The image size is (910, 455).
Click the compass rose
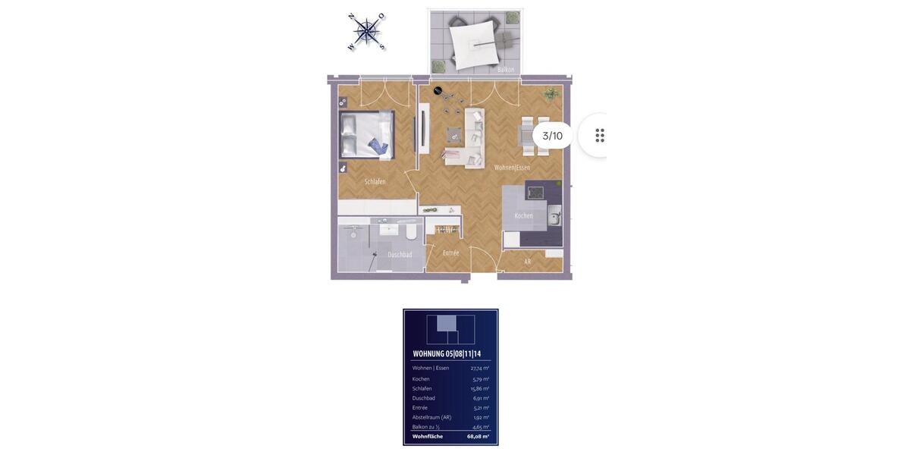[367, 32]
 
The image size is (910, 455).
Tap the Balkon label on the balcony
[506, 70]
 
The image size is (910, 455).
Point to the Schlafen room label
[375, 182]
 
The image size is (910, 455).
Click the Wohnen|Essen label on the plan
[512, 168]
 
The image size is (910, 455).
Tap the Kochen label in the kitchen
[523, 216]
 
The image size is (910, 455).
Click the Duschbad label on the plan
[400, 255]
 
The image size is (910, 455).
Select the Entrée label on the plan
[450, 253]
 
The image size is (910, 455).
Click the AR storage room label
[528, 262]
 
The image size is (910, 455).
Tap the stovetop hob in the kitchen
[536, 193]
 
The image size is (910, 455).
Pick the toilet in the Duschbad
[411, 231]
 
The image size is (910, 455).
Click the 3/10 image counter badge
[552, 136]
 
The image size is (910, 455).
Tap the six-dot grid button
[600, 136]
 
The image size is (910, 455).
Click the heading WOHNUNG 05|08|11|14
[447, 354]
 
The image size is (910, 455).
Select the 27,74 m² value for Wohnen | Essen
[480, 369]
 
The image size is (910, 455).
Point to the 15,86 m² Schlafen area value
[480, 389]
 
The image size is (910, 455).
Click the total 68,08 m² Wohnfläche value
[478, 437]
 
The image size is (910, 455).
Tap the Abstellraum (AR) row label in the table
[431, 417]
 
